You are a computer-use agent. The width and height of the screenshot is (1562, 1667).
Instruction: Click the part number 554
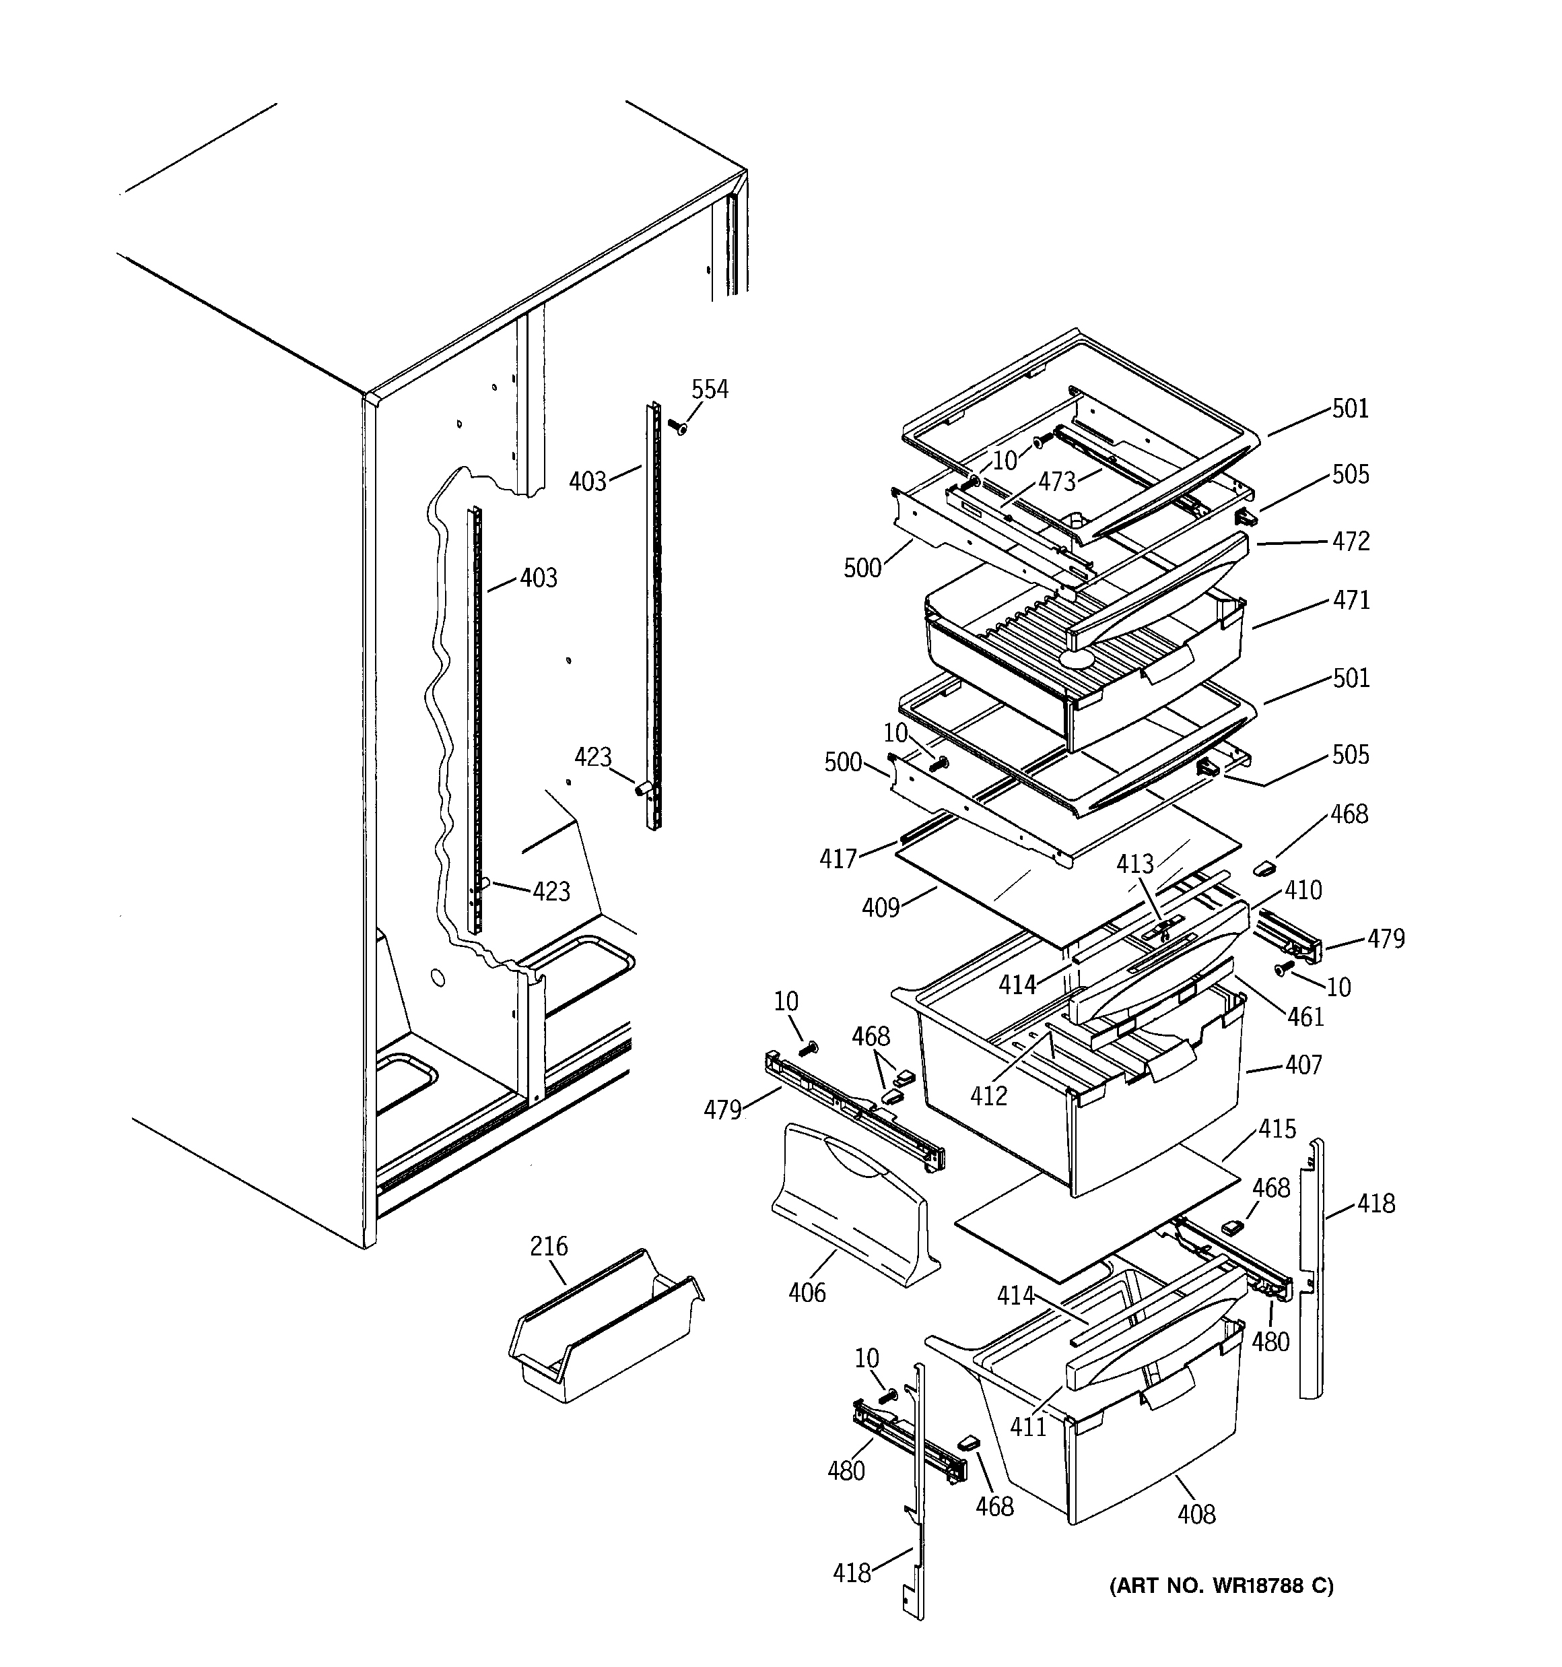(x=710, y=389)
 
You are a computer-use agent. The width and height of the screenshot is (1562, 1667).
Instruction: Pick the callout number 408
(x=1196, y=1513)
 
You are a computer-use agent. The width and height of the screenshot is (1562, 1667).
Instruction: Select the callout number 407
(x=1303, y=1065)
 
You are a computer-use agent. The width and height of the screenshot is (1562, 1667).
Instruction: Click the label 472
(x=1351, y=541)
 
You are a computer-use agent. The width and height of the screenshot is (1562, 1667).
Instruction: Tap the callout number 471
(x=1351, y=600)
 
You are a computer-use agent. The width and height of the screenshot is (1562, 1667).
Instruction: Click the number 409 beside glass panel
(x=881, y=907)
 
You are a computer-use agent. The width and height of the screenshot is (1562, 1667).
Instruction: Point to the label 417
(x=838, y=859)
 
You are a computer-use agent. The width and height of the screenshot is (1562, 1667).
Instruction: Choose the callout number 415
(x=1277, y=1130)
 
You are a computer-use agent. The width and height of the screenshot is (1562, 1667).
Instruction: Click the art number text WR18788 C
(x=1221, y=1586)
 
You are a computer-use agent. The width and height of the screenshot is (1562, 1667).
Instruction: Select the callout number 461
(x=1305, y=1017)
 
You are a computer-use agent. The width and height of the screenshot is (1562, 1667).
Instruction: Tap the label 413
(x=1135, y=863)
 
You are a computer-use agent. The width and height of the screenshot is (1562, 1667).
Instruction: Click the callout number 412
(x=988, y=1095)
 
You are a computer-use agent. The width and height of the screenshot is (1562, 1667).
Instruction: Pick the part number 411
(x=1028, y=1427)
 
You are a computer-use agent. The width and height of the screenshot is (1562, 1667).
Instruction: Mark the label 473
(x=1056, y=482)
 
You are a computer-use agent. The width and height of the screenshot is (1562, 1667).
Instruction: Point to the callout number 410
(x=1303, y=890)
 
